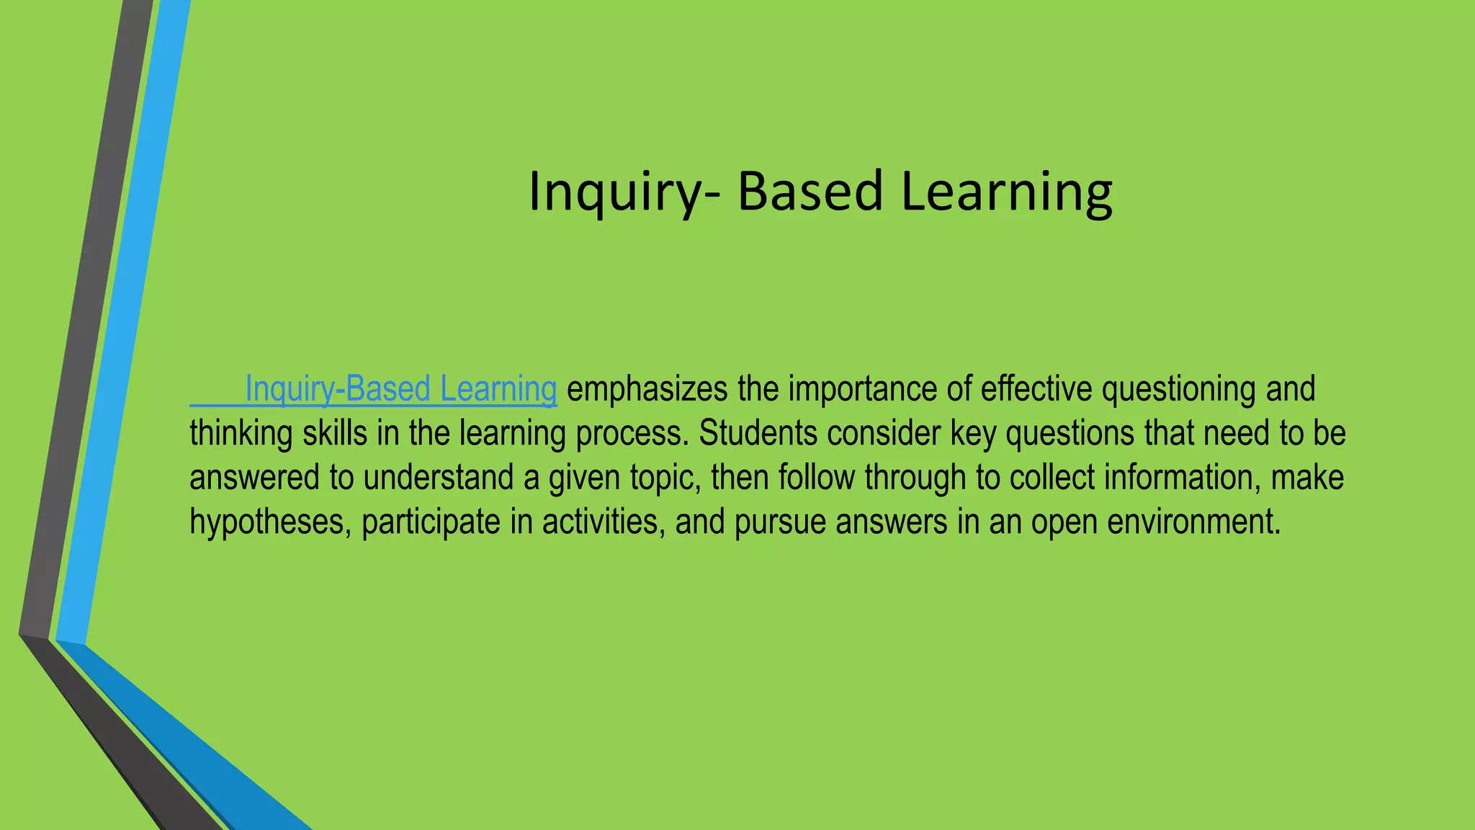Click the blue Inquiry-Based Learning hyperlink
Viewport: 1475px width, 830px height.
click(x=400, y=389)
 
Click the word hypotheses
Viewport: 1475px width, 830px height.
click(x=270, y=522)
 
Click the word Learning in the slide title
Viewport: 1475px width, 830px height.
click(x=1006, y=191)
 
